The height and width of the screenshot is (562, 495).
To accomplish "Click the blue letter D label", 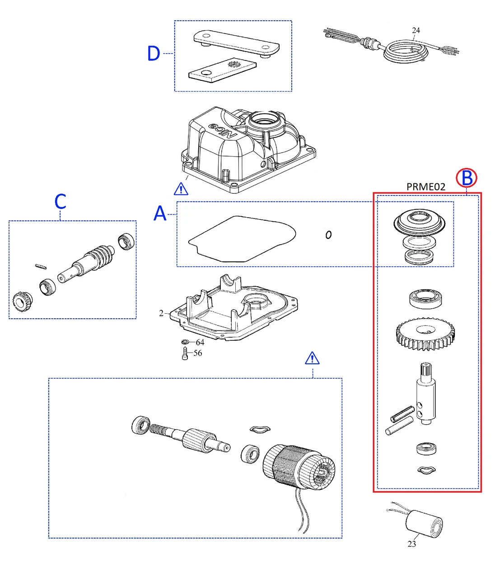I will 154,53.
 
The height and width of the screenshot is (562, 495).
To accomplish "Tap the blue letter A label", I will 160,213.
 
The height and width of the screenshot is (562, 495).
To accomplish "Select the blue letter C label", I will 60,201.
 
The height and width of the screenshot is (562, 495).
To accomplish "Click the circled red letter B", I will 467,178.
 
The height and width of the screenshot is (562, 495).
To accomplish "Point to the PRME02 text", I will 425,187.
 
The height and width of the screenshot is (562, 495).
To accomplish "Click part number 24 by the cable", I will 416,30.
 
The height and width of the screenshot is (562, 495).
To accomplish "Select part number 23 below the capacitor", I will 411,544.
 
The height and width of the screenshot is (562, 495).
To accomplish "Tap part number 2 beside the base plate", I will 161,313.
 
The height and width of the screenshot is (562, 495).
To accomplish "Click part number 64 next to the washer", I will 200,343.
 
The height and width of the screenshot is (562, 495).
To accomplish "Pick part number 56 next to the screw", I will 198,353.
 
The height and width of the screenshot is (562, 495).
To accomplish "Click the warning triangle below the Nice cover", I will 181,188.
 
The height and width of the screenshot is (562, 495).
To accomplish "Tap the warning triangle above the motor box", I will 312,358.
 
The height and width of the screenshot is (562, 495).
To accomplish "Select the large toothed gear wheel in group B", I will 425,334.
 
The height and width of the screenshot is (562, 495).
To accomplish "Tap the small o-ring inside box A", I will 328,234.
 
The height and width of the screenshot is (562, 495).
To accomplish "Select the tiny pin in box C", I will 41,266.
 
